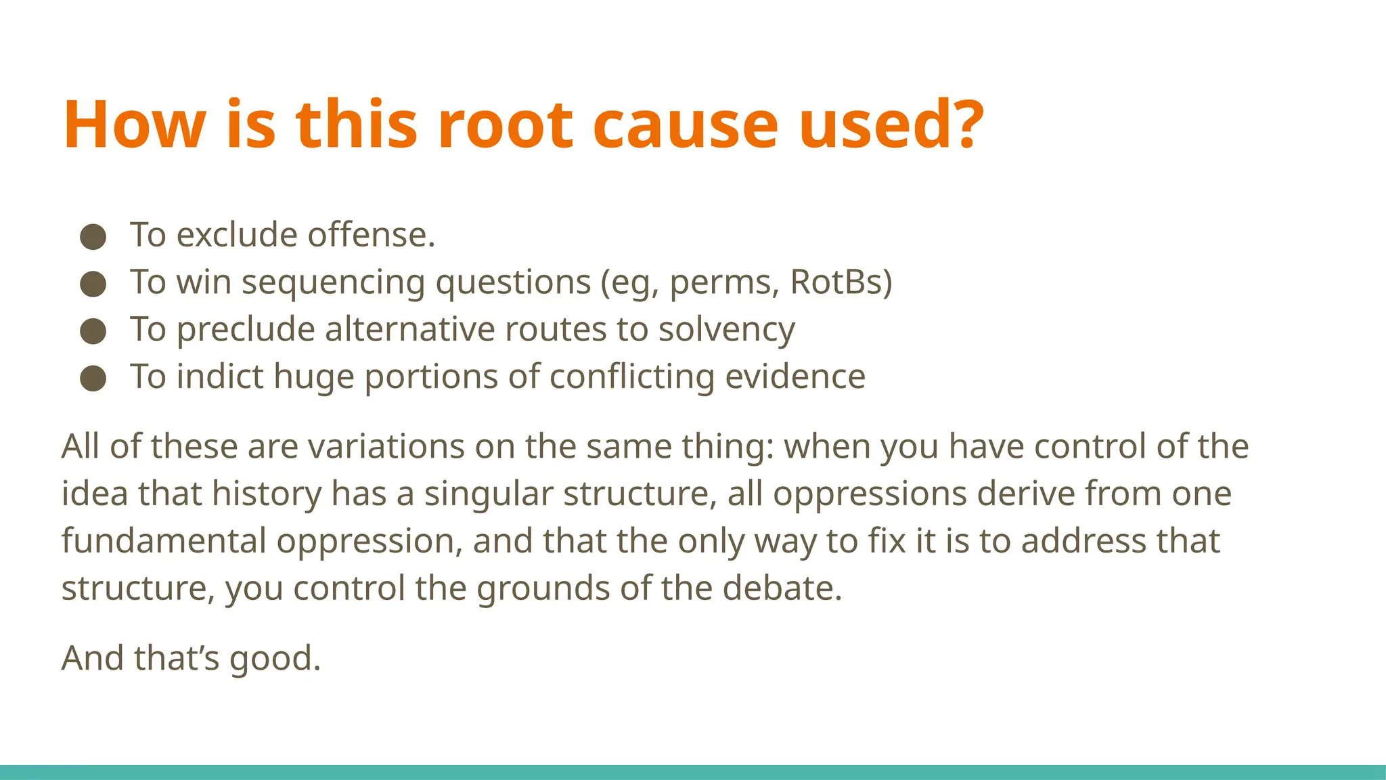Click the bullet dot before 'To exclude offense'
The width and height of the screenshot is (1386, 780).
click(93, 237)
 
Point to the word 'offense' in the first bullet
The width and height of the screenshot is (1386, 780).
click(371, 235)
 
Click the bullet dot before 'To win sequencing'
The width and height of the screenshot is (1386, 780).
click(93, 284)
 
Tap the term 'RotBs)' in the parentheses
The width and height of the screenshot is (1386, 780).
click(841, 282)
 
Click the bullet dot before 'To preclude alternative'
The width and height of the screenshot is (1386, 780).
click(93, 332)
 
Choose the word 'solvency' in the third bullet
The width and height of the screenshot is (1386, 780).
click(726, 330)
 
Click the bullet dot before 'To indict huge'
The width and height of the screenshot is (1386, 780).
click(93, 378)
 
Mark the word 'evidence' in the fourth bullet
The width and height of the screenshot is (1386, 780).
click(795, 376)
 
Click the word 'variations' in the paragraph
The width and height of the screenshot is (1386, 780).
click(380, 446)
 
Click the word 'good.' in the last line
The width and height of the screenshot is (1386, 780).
click(275, 658)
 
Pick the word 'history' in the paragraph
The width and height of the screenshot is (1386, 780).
click(267, 494)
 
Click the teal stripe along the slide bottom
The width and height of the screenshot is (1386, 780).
click(693, 772)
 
